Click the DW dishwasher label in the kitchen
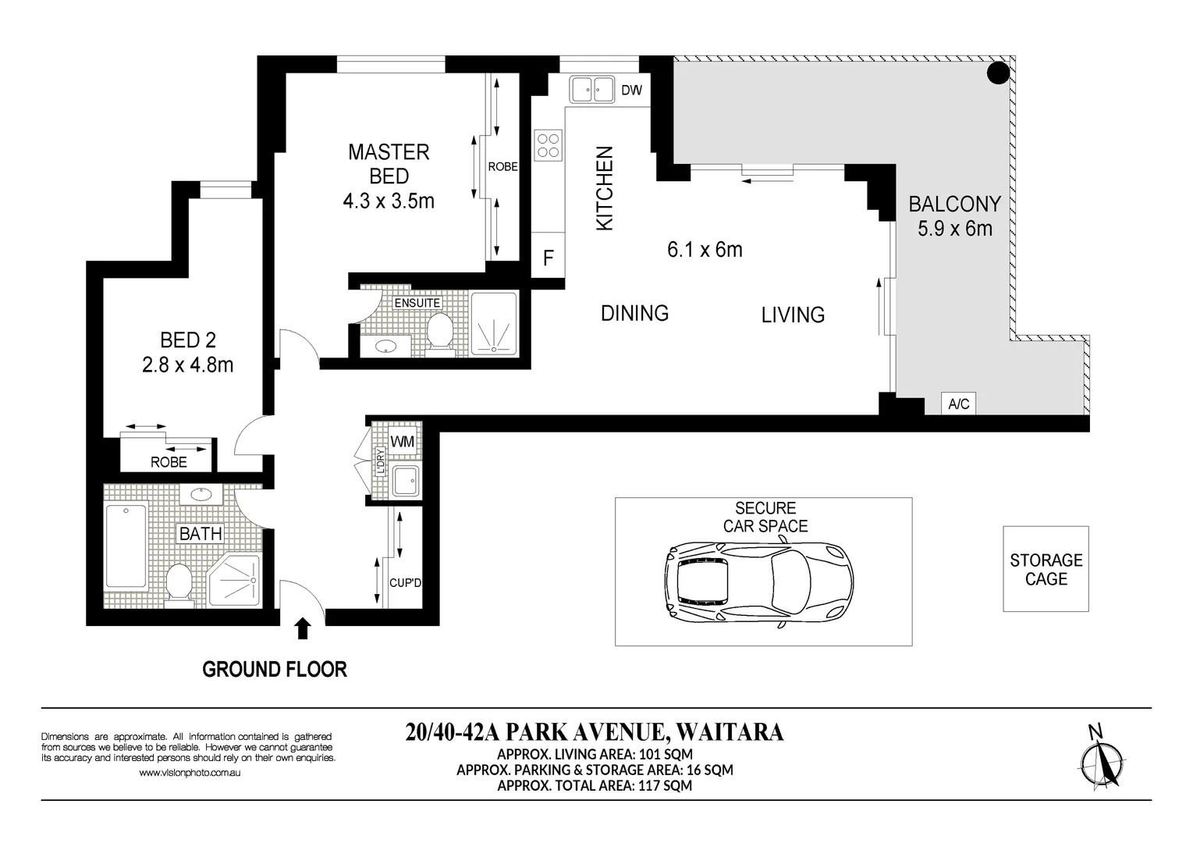[x=632, y=90]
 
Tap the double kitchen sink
[x=591, y=89]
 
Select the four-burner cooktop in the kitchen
[x=548, y=145]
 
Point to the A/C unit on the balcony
[x=959, y=404]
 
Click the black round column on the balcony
[x=998, y=73]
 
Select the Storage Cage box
[x=1046, y=568]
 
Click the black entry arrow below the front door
[x=303, y=628]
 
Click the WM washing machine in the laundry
[x=402, y=441]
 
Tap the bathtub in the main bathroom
[x=126, y=546]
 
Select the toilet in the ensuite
[x=440, y=333]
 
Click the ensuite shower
[x=494, y=323]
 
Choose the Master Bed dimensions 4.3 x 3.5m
[x=389, y=201]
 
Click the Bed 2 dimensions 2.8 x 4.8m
[x=187, y=365]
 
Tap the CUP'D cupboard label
[x=405, y=583]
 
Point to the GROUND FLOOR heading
[x=275, y=669]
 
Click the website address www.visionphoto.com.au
[x=190, y=773]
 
